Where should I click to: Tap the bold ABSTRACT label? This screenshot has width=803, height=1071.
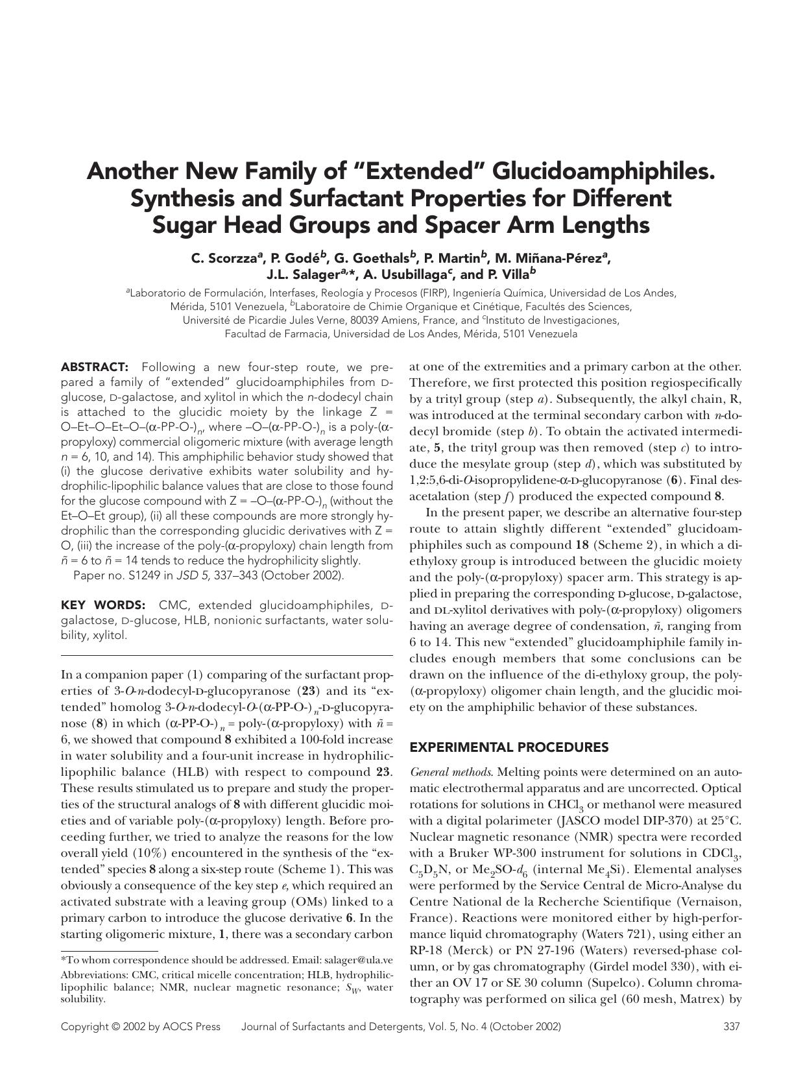click(x=95, y=367)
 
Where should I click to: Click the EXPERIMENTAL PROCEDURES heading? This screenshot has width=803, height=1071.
click(x=509, y=747)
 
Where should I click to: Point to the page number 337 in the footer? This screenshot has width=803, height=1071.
click(x=732, y=1026)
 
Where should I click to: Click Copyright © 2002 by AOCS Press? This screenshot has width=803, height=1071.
click(x=140, y=1026)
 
